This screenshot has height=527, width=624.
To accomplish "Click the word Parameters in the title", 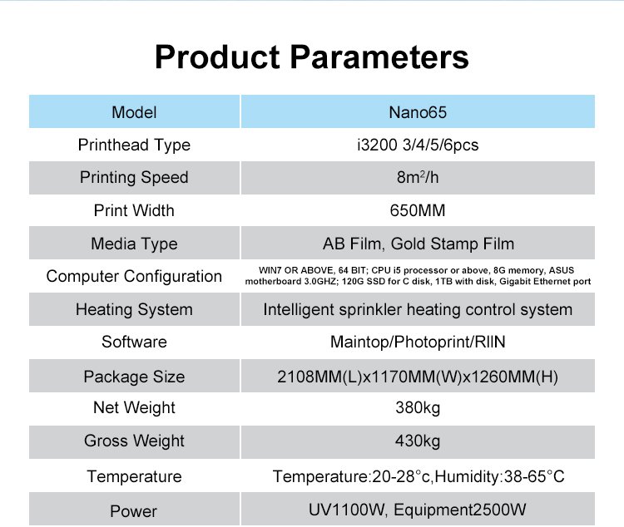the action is [379, 57].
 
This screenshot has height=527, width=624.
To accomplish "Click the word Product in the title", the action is [217, 57].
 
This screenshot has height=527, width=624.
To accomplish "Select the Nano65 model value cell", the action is [418, 111].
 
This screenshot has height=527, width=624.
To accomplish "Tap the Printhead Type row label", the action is [134, 145].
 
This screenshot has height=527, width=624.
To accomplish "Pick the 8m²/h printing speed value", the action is [418, 177].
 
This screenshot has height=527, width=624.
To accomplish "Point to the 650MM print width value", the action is [418, 210].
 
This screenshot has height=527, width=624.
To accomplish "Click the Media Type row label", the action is [134, 244].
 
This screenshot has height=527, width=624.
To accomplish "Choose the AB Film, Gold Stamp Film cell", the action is [418, 243].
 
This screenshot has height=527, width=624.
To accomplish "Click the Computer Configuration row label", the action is [134, 276].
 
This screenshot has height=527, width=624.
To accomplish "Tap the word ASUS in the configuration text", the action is [562, 270].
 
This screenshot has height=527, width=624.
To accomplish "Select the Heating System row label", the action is [134, 309].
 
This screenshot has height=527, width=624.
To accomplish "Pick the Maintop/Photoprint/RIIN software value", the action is [418, 342].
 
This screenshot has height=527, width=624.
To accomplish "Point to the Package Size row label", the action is [134, 377].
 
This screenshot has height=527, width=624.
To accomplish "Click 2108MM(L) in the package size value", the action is [319, 377].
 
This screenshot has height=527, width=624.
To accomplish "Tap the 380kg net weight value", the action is [418, 407].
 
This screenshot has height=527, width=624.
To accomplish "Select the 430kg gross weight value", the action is [418, 441].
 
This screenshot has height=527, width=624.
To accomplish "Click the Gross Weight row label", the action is [134, 441].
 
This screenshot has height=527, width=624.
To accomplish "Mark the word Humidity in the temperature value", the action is [468, 476].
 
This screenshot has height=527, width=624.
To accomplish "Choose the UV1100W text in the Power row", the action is [347, 510].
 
